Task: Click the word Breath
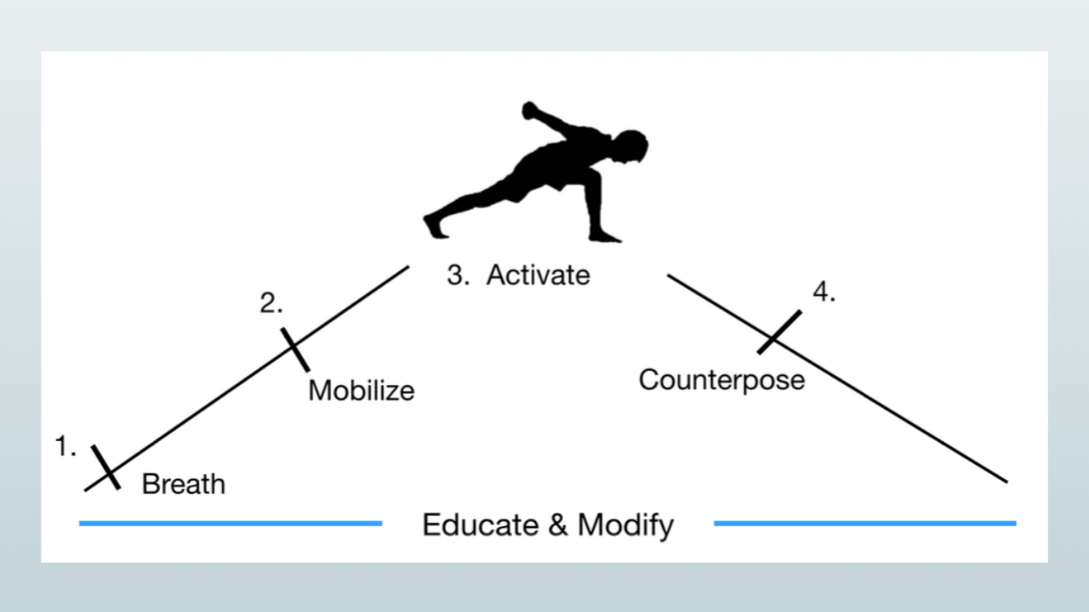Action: click(x=184, y=484)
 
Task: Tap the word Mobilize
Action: click(x=362, y=390)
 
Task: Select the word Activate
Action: click(x=538, y=275)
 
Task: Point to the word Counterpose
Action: click(x=721, y=379)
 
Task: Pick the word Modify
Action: click(x=625, y=525)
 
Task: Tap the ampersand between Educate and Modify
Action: click(x=556, y=524)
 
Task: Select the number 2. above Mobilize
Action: click(x=271, y=303)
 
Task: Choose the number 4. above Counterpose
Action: click(x=824, y=292)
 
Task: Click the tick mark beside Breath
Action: click(x=105, y=467)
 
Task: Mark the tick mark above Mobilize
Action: click(x=295, y=349)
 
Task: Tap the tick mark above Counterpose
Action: click(x=779, y=331)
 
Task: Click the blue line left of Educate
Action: click(x=230, y=524)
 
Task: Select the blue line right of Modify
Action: click(x=864, y=524)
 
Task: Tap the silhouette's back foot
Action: click(x=434, y=225)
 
